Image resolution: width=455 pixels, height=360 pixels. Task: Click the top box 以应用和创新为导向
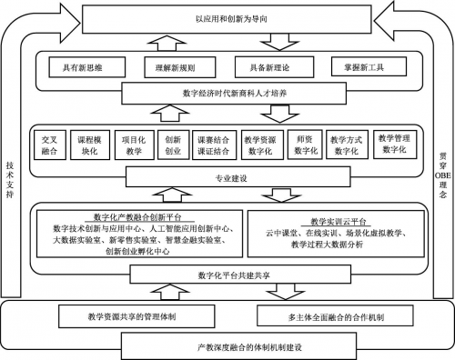(x=227, y=16)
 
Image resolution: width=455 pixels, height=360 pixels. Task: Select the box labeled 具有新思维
(x=84, y=66)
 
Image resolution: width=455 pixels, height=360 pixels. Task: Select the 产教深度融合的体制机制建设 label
(x=227, y=345)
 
